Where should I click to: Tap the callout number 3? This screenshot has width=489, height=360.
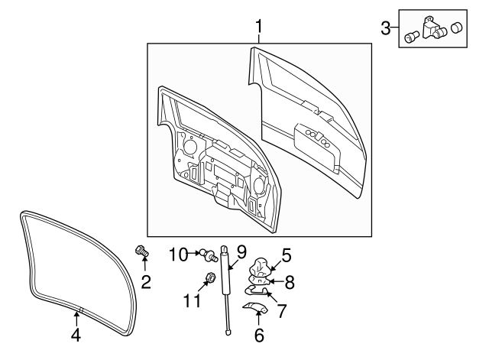point(385,29)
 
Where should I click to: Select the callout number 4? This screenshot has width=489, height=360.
point(76,334)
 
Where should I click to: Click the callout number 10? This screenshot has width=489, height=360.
point(177,253)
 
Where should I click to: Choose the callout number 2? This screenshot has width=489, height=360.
point(146,283)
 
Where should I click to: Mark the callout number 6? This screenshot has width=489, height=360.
point(257,334)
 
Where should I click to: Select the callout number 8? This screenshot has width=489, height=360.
point(290,282)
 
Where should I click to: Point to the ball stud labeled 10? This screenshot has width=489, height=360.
point(208,254)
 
